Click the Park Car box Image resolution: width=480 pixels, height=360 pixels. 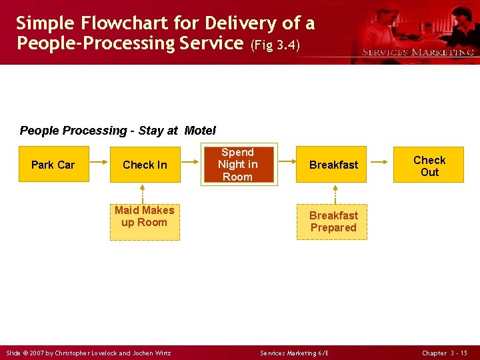pos(53,165)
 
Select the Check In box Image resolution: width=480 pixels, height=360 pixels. pos(145,165)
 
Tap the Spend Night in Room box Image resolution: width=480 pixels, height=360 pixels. pos(238,164)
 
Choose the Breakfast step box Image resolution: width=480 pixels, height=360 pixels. pos(333,165)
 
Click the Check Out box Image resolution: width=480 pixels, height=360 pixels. pos(429,165)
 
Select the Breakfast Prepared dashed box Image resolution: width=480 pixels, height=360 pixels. pos(332,221)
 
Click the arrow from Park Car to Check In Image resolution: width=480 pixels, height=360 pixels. pos(99,162)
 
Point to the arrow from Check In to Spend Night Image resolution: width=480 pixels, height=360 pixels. pos(191,162)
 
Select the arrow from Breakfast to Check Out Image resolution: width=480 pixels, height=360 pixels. pos(379,162)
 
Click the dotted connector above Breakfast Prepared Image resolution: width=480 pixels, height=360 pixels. pos(335,193)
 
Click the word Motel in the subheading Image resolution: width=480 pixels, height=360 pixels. pos(200,131)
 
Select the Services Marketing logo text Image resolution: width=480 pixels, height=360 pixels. pos(417,52)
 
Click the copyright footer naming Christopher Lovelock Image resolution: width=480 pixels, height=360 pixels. pos(89,353)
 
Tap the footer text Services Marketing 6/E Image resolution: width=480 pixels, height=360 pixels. pos(294,353)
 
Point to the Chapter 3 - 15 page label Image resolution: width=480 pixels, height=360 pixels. pos(445,353)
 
